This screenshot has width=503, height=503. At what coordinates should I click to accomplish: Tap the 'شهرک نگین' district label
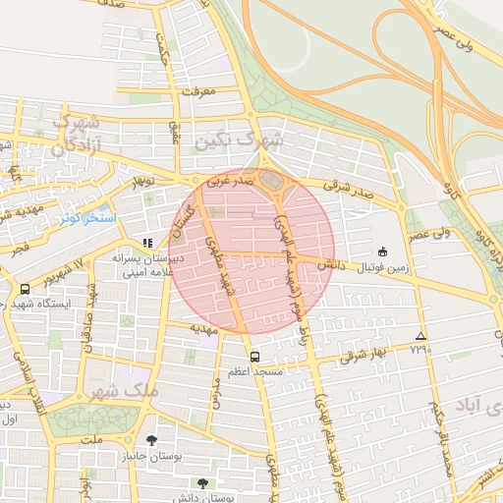[239, 141]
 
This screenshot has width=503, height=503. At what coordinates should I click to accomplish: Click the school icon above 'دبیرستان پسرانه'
[147, 242]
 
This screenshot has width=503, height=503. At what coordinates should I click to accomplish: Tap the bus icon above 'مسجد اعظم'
[255, 357]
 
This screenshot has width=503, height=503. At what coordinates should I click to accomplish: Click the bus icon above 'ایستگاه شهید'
[25, 289]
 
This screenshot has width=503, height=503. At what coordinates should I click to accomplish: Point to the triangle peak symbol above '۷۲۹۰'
[420, 335]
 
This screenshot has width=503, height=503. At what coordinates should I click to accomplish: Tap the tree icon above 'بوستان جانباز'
[150, 439]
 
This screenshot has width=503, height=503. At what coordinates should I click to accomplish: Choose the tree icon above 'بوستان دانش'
[202, 482]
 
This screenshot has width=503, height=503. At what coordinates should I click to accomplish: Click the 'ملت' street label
[93, 439]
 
